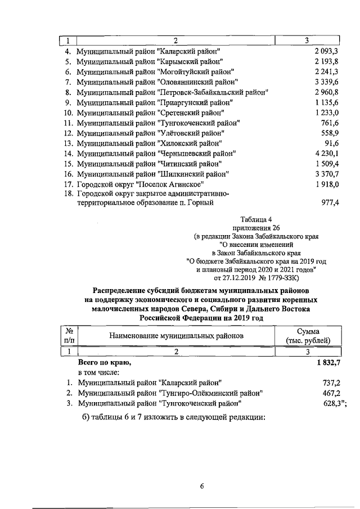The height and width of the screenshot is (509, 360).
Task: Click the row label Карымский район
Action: (149, 61)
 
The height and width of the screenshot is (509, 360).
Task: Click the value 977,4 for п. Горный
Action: (330, 204)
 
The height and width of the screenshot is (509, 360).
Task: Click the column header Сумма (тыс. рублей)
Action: (307, 336)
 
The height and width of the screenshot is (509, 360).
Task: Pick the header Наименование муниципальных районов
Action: (177, 336)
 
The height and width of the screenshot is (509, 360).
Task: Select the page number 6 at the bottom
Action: (201, 487)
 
